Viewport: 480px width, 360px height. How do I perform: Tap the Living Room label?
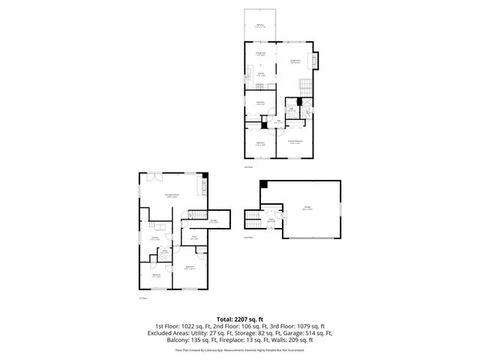295,61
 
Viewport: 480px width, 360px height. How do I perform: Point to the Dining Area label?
260,53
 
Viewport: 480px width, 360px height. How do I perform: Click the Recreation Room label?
172,197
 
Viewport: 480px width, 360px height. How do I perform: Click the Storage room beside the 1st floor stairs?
214,221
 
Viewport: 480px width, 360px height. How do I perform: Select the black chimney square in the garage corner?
263,185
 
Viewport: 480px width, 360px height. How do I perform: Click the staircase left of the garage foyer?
252,219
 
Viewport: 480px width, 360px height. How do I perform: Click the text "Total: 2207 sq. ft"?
240,319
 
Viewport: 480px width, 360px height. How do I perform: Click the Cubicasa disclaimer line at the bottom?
240,349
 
